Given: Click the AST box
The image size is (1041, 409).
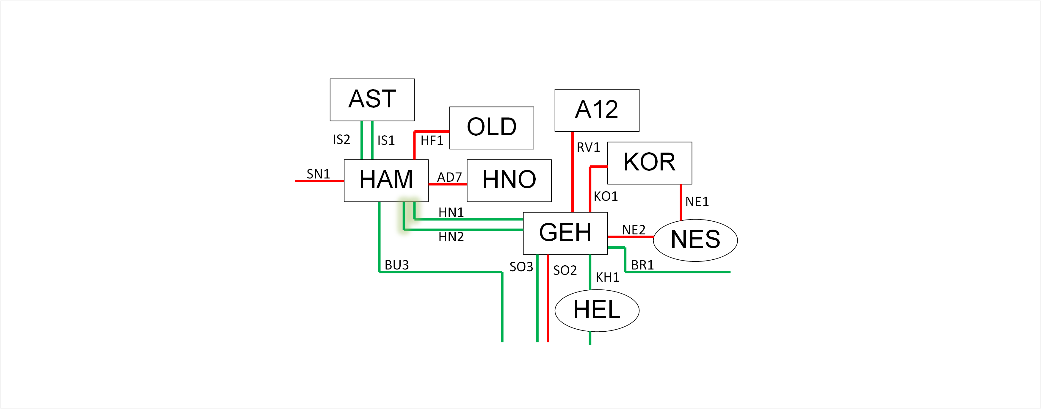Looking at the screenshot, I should (372, 99).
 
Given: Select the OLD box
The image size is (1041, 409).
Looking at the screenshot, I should (491, 128).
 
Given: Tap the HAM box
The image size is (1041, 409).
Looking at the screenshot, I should (386, 180).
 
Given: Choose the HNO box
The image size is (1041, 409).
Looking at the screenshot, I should (509, 180).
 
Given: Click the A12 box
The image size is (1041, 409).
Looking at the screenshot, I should (596, 110).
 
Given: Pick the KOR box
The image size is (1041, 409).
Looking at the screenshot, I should (649, 163).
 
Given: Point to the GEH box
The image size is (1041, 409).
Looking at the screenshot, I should (565, 233).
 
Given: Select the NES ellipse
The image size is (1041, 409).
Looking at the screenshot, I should (695, 240).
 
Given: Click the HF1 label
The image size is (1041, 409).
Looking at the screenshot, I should (432, 141).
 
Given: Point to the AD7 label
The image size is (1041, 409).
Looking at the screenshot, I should (449, 177).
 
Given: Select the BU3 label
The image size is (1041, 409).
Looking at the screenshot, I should (396, 265).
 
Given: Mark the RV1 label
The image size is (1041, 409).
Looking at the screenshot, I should (588, 148).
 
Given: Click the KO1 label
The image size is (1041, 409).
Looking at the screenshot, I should (605, 196).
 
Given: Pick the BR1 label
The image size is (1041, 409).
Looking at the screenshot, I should (642, 265).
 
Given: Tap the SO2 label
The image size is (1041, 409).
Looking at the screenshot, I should (565, 270).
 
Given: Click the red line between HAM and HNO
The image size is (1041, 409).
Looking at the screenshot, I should (447, 184).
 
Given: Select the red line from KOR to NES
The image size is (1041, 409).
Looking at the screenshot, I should (681, 202).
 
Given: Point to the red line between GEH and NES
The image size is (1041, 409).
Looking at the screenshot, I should (631, 236).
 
